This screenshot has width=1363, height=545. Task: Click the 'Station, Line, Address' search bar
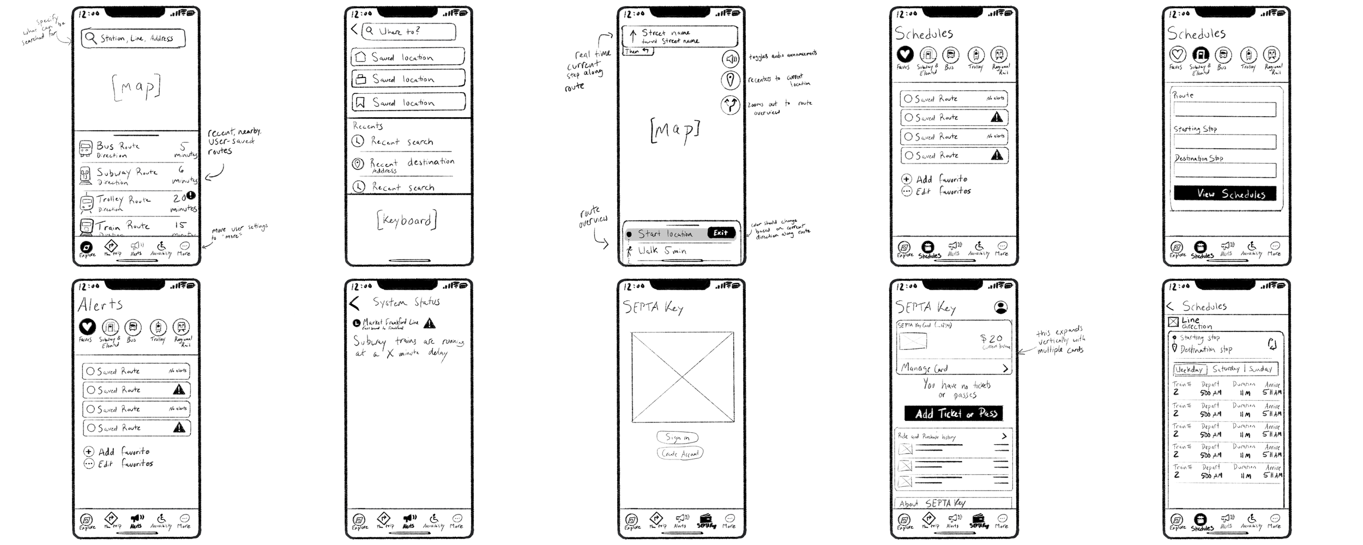[134, 38]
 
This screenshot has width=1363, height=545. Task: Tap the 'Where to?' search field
[409, 32]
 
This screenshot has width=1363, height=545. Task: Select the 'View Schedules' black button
[1225, 193]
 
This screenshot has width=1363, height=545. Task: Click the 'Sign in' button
[678, 437]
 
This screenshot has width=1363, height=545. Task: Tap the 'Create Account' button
[680, 453]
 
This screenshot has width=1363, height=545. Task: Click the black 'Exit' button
[720, 233]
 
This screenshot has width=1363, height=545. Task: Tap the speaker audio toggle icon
[731, 58]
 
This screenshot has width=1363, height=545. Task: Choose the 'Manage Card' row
[954, 368]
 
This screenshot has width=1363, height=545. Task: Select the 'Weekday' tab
[1189, 370]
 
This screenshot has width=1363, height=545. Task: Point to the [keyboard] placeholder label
[407, 220]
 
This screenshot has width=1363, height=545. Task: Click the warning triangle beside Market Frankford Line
[430, 323]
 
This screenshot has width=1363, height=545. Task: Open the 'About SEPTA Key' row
[953, 503]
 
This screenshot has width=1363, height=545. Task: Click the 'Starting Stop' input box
[1225, 142]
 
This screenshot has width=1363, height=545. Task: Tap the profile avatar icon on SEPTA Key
[1001, 307]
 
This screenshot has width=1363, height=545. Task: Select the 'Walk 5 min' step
[681, 251]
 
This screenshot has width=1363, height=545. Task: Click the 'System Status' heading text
[406, 302]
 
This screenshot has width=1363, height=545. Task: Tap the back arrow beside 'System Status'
[355, 303]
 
